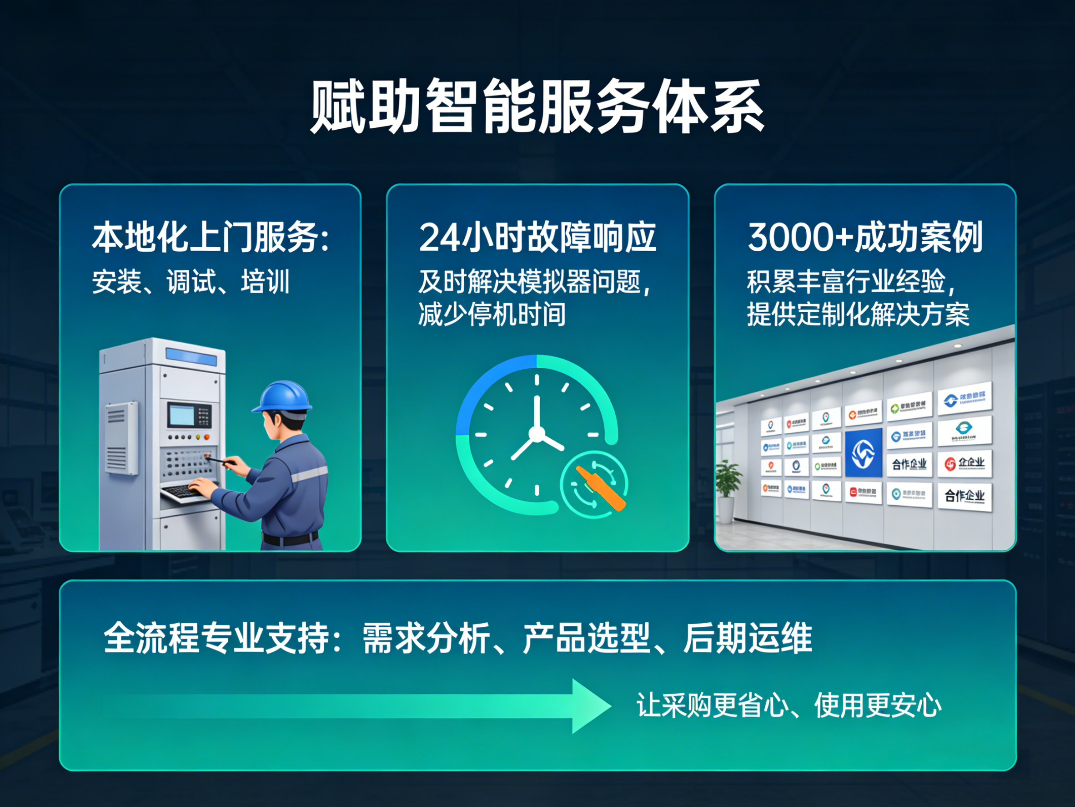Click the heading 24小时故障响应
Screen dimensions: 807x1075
pos(537,238)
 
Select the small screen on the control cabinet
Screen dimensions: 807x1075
pos(181,415)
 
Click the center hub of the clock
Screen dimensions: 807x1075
pos(537,434)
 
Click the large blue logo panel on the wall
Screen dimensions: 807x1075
pos(864,452)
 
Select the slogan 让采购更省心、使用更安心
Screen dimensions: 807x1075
pos(788,705)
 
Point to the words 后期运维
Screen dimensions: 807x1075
pos(748,638)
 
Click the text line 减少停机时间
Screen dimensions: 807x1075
pos(492,314)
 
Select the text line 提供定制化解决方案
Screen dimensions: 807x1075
pos(858,314)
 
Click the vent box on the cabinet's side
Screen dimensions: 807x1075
pos(121,438)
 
